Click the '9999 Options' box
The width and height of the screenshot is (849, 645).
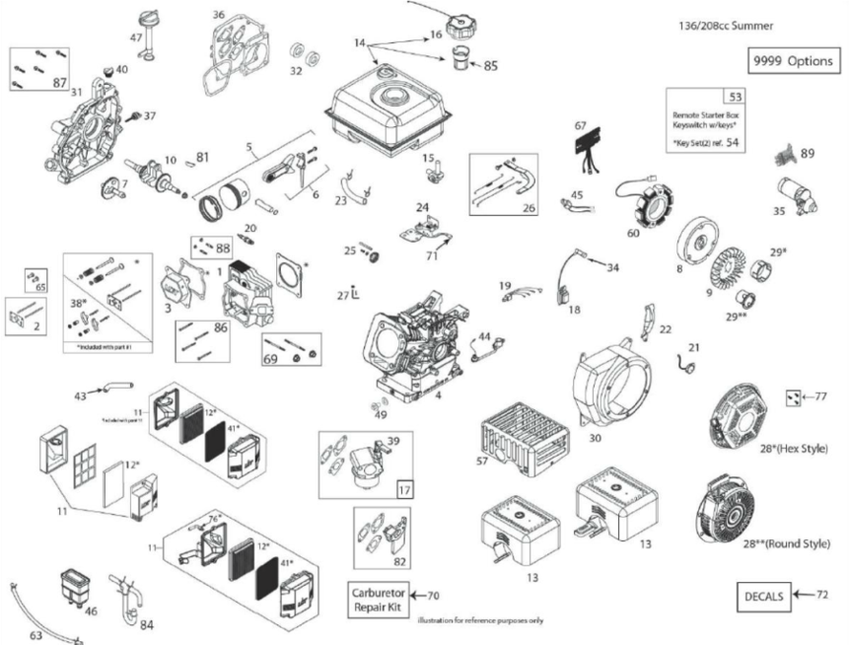[x=793, y=61]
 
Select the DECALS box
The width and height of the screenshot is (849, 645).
[x=765, y=596]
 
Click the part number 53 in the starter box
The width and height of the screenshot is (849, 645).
[x=735, y=97]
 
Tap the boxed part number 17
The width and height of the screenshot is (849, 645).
[x=405, y=488]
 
